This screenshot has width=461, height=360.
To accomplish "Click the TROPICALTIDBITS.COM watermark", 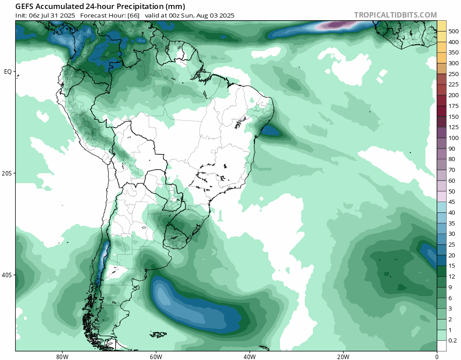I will click(395, 15).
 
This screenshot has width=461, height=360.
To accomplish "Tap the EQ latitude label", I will click(8, 72).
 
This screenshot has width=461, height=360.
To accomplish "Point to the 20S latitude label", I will click(8, 173).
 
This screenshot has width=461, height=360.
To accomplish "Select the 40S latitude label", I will click(8, 275).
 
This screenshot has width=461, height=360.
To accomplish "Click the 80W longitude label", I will click(62, 355).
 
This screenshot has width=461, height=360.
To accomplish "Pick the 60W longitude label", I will click(156, 355).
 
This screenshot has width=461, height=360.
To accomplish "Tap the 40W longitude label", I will click(249, 355).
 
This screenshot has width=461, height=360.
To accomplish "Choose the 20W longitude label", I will click(343, 355).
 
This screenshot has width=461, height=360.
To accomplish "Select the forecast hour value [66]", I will click(133, 15).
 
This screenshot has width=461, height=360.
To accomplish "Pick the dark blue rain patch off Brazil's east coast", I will click(271, 131).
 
